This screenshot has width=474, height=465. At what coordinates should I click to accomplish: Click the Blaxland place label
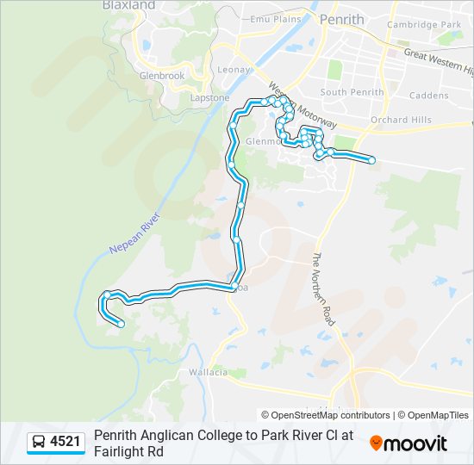[128, 5]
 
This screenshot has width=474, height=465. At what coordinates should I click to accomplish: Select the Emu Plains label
[275, 19]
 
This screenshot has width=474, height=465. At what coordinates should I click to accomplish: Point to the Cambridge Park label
[424, 25]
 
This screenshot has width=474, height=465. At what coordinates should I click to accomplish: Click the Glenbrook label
[162, 75]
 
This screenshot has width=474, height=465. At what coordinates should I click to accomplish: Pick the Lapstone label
[209, 97]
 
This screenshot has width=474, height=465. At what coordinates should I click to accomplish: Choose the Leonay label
[234, 70]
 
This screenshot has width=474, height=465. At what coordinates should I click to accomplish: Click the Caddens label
[428, 95]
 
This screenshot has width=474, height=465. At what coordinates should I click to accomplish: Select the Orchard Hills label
[400, 120]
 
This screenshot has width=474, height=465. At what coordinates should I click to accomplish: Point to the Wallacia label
[208, 372]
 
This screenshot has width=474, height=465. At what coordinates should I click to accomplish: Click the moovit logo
[409, 443]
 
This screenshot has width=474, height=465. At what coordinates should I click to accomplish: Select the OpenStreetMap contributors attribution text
[326, 415]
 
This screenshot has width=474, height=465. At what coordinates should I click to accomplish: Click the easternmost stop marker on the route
[371, 160]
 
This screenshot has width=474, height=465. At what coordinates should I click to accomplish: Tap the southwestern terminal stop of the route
[121, 324]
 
